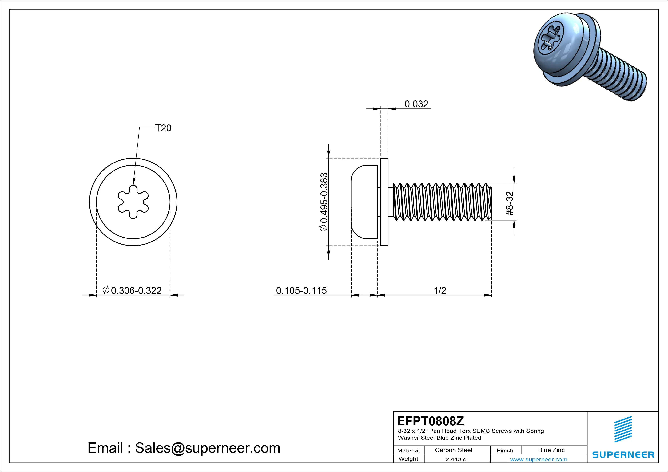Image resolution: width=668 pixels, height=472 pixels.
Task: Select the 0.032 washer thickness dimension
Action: [416, 104]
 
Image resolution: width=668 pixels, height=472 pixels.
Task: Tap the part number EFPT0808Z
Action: [430, 421]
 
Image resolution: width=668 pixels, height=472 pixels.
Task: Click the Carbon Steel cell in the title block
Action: [453, 450]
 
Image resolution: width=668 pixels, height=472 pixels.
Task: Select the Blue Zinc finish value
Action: [551, 450]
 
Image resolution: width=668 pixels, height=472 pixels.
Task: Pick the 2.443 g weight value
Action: [456, 459]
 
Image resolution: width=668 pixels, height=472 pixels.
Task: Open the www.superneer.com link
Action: [539, 459]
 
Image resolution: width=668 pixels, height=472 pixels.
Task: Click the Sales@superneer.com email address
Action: [207, 448]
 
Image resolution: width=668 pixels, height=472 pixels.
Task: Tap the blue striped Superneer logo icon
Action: [623, 429]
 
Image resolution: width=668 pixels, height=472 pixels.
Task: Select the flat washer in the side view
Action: [384, 202]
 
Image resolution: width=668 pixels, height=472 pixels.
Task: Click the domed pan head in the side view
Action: [364, 202]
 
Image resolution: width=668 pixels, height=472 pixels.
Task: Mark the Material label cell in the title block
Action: [408, 450]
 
